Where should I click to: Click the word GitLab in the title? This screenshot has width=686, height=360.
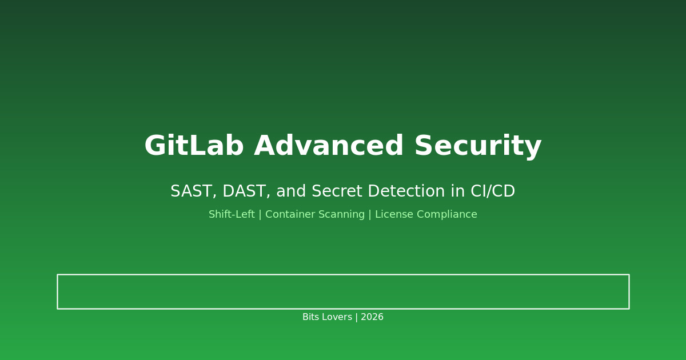click(x=194, y=147)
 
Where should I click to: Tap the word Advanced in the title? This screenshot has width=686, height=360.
click(x=329, y=147)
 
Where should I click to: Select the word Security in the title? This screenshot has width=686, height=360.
click(x=477, y=147)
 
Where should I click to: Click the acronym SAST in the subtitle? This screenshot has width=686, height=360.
click(x=192, y=192)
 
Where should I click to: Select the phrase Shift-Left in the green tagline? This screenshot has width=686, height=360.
click(x=232, y=215)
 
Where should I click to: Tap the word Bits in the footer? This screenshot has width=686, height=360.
click(x=312, y=317)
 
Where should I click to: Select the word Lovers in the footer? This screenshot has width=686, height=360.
click(x=337, y=317)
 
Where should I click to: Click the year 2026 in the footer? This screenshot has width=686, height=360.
click(x=372, y=317)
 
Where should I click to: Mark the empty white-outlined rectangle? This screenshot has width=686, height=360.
click(x=343, y=291)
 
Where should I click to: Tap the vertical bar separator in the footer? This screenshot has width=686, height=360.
click(x=356, y=317)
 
